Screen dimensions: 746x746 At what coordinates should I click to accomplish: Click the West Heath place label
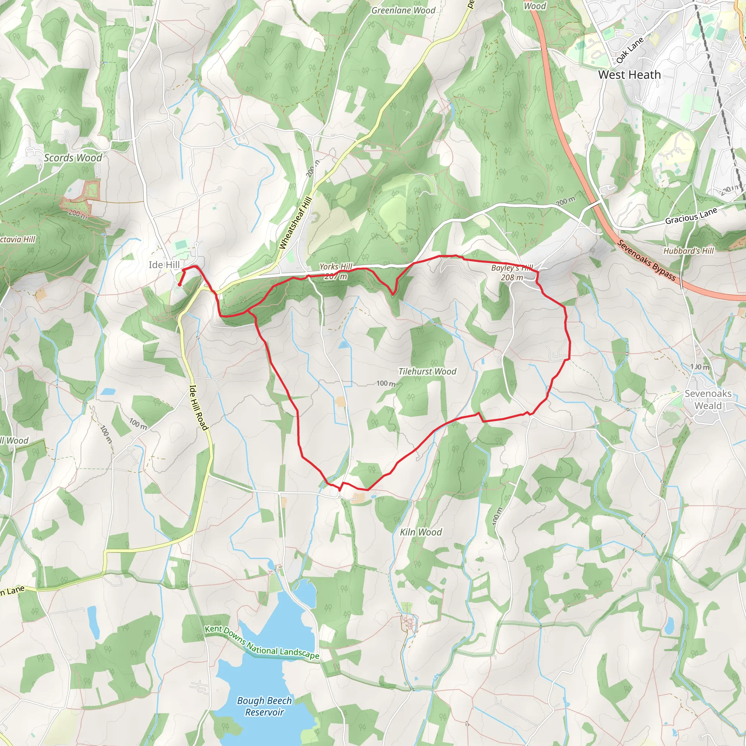tap(629, 75)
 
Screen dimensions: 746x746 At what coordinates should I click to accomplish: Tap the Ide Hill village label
tap(164, 264)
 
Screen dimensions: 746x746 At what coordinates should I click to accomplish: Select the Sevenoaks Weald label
tap(708, 399)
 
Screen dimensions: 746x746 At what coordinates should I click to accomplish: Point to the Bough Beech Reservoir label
tap(264, 706)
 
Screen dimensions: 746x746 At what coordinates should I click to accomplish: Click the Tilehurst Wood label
tap(427, 372)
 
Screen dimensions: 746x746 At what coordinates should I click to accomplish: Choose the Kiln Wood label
tap(420, 532)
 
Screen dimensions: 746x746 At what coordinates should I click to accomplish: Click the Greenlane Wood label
tap(403, 11)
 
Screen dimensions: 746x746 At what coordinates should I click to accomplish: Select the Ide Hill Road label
tap(199, 407)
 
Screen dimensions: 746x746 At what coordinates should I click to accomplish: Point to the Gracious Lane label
tap(691, 216)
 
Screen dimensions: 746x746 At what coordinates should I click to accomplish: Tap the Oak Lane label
tap(630, 50)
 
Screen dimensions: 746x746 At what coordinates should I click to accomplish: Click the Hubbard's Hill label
tap(688, 251)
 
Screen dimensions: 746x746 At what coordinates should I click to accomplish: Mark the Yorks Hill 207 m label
tap(335, 271)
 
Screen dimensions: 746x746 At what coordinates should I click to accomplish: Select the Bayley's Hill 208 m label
tap(512, 272)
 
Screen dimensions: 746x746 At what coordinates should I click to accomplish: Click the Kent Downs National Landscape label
tap(262, 643)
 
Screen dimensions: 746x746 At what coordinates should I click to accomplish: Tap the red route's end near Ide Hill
tap(180, 285)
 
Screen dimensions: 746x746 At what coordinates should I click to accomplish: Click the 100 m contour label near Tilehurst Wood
tap(386, 383)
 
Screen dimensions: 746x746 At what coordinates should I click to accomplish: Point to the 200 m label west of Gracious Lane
tap(565, 201)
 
